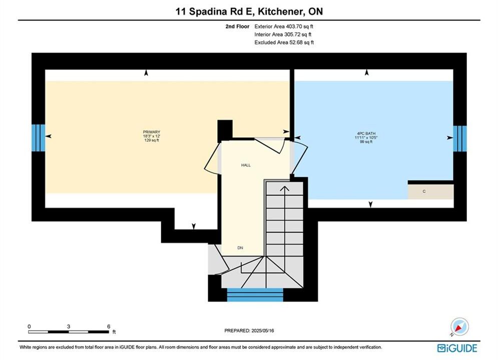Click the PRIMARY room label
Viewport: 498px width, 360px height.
coord(152,132)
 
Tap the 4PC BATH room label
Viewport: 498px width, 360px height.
coord(366,133)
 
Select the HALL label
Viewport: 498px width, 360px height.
coord(246,165)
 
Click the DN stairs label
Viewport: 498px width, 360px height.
coord(240,247)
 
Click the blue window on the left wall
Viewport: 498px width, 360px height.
coord(39,137)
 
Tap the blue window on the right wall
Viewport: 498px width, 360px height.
coord(460,138)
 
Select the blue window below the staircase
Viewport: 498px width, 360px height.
coord(255,294)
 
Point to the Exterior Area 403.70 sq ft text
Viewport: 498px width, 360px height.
coord(284,26)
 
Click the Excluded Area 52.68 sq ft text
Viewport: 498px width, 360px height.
coord(284,42)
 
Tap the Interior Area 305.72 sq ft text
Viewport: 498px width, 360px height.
coord(283,34)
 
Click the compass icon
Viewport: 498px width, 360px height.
coord(459,326)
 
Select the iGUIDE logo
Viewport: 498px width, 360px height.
coord(457,348)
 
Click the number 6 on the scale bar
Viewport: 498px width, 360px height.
coord(109,326)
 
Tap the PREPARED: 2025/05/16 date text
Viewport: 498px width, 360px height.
coord(249,330)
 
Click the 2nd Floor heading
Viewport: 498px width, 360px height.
coord(237,26)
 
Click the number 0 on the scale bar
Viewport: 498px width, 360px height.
coord(29,326)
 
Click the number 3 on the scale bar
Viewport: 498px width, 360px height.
coord(69,326)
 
